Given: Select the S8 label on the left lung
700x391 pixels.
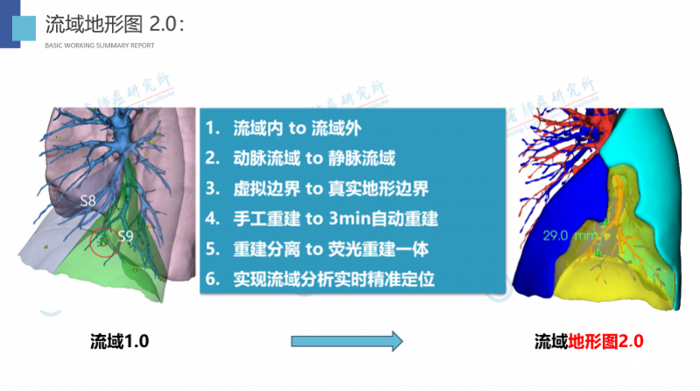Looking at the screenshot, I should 87,200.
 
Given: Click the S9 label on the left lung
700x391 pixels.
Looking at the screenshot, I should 125,234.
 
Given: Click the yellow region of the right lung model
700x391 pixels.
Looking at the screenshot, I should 612,280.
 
